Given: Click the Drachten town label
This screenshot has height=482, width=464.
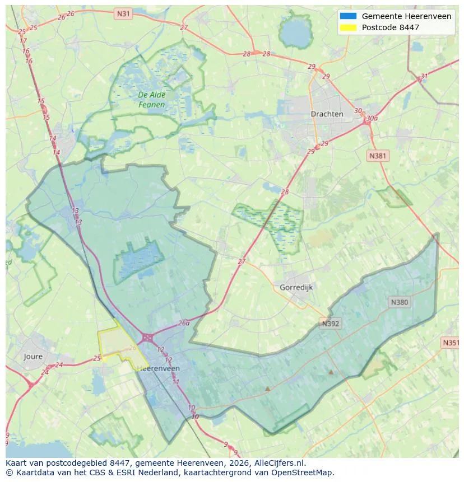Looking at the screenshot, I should (x=327, y=114).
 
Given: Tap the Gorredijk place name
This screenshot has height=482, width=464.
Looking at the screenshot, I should (x=295, y=287).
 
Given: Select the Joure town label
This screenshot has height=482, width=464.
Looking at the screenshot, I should (x=33, y=356).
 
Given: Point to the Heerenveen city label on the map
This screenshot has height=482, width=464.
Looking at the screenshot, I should (x=158, y=368).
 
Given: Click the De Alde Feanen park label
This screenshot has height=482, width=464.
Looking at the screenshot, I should (x=151, y=100).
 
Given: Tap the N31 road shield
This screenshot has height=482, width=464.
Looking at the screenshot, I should (x=123, y=12).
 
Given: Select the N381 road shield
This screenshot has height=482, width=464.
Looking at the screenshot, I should (x=378, y=156).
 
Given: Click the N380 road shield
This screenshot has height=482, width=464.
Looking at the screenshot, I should (x=399, y=302).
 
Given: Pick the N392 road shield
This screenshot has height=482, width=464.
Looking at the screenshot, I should (x=331, y=324).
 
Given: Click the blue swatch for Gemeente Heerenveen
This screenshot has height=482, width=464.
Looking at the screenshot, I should (x=348, y=16).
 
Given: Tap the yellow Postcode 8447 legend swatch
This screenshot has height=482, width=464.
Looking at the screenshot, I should (x=348, y=27).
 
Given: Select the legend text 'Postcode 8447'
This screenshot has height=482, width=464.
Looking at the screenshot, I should (x=390, y=27).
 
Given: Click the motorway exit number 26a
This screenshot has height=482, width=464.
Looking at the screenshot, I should (x=184, y=323).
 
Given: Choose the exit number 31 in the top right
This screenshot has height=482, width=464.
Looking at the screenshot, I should (x=424, y=77).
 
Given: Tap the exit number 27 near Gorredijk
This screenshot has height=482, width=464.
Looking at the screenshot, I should (x=242, y=261).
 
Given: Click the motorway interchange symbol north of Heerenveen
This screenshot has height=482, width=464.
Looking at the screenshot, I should (x=148, y=337).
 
